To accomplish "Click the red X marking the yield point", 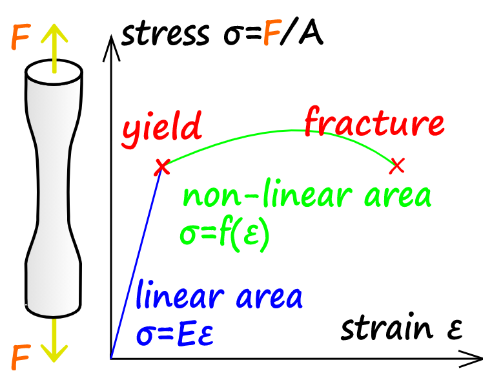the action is tap(162, 167).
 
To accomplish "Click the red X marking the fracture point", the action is tap(396, 166).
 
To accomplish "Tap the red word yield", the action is tap(162, 129).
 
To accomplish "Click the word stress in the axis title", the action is tap(165, 32).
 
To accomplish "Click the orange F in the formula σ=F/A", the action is tap(272, 33).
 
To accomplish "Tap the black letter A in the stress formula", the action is tap(311, 33).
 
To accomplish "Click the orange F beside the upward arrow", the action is tap(21, 37).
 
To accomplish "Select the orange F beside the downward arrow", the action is tap(21, 357).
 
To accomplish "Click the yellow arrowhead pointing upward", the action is tap(54, 33).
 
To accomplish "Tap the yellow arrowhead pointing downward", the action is tap(54, 353).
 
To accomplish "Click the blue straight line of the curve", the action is tap(136, 263).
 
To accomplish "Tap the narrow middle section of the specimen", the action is tap(54, 189).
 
